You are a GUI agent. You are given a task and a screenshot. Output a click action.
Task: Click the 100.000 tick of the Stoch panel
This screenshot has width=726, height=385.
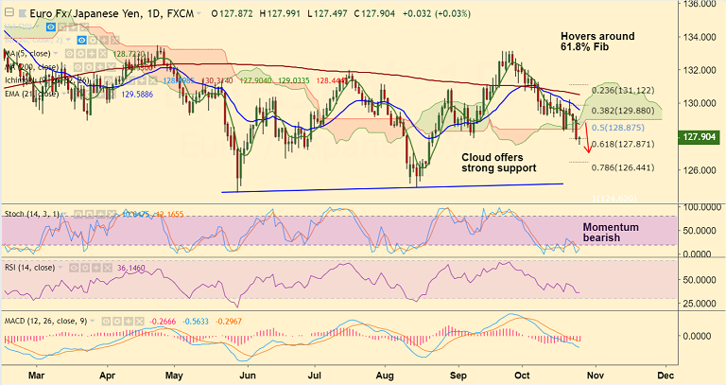700,206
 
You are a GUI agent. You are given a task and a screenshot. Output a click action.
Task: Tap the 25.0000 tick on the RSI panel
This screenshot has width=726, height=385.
700,304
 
